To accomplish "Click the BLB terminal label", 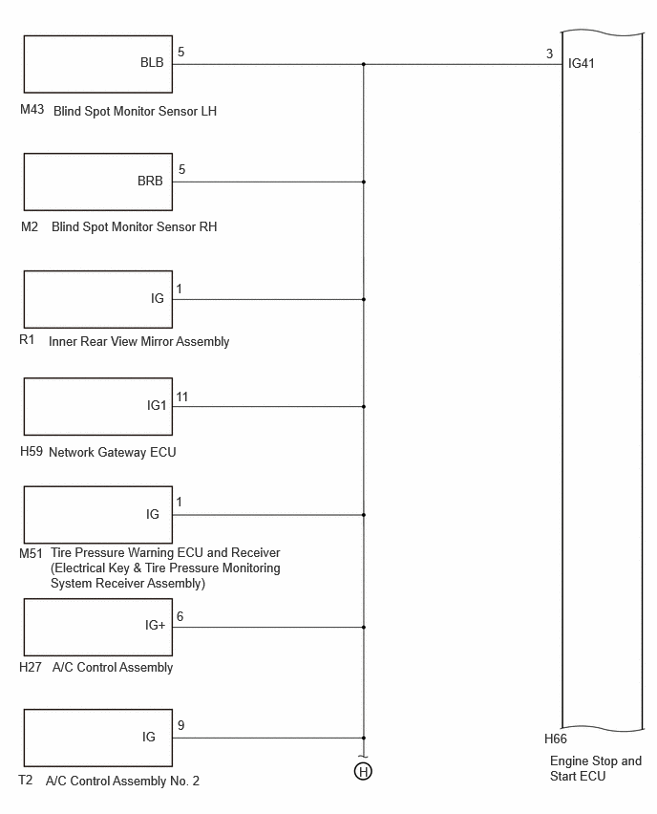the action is tap(152, 62).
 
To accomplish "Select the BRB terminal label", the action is tap(150, 181).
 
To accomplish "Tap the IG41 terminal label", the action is tap(582, 63).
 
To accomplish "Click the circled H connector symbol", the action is tap(363, 771).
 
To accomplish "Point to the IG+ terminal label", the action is tap(155, 625).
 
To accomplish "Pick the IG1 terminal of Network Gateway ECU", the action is tap(157, 405).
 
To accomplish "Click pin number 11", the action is tap(181, 396).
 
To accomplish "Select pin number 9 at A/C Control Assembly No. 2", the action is tap(180, 725).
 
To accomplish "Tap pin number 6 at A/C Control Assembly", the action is tap(180, 616).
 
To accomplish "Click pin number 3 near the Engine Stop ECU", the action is tap(550, 54).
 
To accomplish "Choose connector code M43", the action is tap(32, 109).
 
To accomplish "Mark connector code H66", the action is tap(556, 739).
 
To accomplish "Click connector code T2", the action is tap(26, 780).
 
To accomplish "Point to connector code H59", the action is tap(32, 451).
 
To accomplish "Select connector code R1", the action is tap(27, 339).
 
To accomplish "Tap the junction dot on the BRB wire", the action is tap(364, 182).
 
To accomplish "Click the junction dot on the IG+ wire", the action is tap(364, 627).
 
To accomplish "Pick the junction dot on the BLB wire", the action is tap(364, 64).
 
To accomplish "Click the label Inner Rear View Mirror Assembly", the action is tap(139, 342).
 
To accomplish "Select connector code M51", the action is tap(31, 553).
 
